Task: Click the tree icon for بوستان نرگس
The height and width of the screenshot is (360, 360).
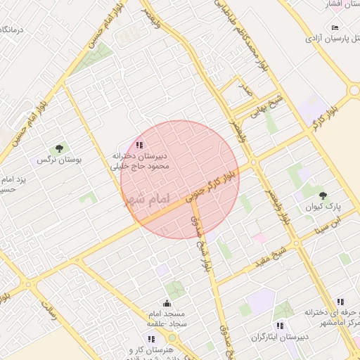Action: pyautogui.click(x=59, y=148)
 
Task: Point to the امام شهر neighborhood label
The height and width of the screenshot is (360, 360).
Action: pyautogui.click(x=147, y=200)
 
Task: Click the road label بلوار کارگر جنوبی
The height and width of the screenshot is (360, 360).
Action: pyautogui.click(x=211, y=185)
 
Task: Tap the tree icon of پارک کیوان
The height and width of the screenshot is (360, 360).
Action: pyautogui.click(x=323, y=195)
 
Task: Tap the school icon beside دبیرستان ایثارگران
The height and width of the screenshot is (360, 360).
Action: pyautogui.click(x=280, y=326)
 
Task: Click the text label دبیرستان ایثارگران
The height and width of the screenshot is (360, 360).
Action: pyautogui.click(x=309, y=337)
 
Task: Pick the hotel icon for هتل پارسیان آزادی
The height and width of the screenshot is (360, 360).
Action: pyautogui.click(x=335, y=27)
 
